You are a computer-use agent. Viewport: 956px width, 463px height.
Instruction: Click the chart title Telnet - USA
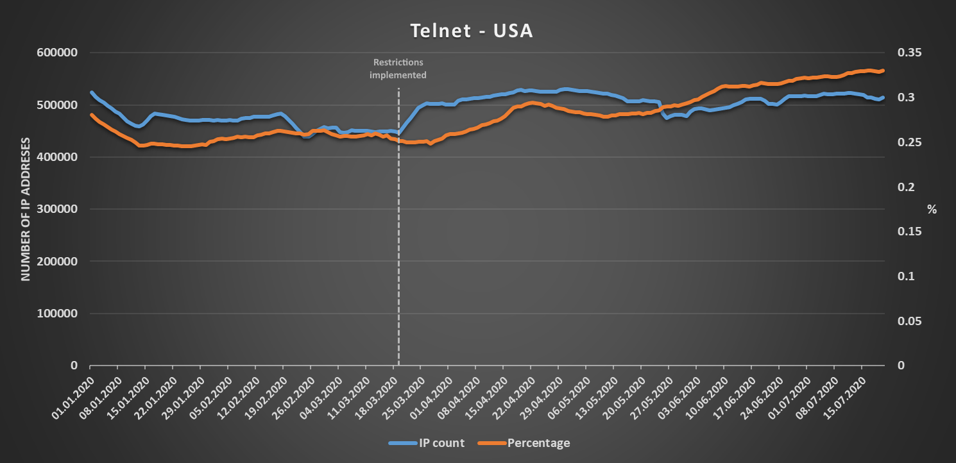(472, 31)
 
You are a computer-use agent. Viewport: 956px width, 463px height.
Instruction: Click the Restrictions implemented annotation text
(398, 69)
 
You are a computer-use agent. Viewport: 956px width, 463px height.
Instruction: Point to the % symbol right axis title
(932, 209)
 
